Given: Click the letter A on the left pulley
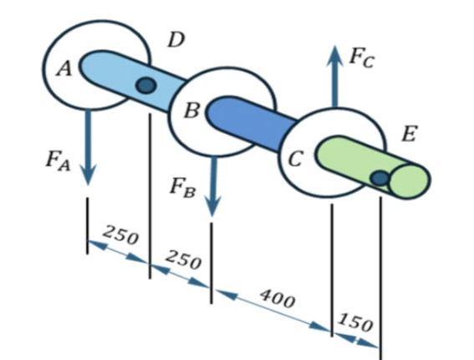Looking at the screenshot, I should pyautogui.click(x=63, y=70).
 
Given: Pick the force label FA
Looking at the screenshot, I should pyautogui.click(x=59, y=160).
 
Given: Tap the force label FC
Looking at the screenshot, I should pyautogui.click(x=361, y=57).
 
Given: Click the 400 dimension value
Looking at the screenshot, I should pyautogui.click(x=278, y=297).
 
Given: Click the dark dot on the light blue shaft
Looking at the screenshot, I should pyautogui.click(x=145, y=84).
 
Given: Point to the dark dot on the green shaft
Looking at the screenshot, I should pyautogui.click(x=380, y=177).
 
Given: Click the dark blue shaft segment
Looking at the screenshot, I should pyautogui.click(x=251, y=123).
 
